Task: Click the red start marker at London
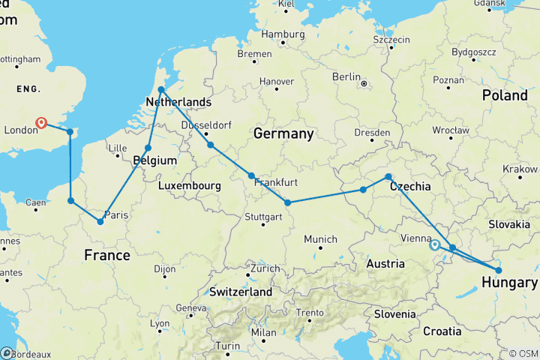pos(41,123)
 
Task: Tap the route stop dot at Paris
pos(100,221)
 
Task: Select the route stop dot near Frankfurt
pos(252,176)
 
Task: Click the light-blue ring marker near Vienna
pos(434,244)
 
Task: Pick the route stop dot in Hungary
pos(499,270)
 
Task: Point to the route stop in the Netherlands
pos(161,90)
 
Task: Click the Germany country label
pos(283,133)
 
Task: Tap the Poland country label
pos(505,95)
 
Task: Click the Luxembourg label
pos(189,185)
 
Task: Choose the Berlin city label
pos(346,76)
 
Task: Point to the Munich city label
pos(320,238)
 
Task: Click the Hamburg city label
pos(282,34)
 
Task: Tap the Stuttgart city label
pos(262,217)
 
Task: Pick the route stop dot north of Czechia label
pos(388,177)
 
